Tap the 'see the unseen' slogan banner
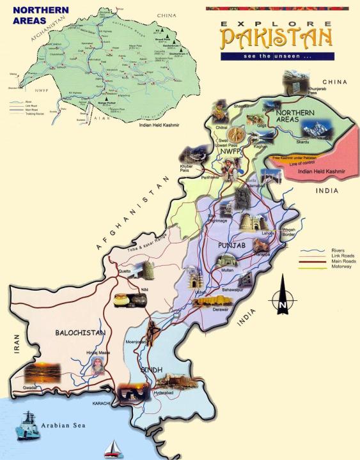pyautogui.click(x=276, y=56)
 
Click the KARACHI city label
pyautogui.click(x=102, y=404)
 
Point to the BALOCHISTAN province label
pyautogui.click(x=80, y=333)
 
